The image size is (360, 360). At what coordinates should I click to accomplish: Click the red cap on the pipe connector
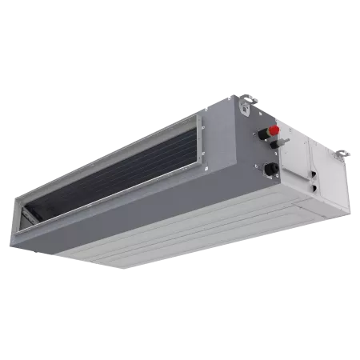274,130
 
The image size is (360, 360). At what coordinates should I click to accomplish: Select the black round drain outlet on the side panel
270,169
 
